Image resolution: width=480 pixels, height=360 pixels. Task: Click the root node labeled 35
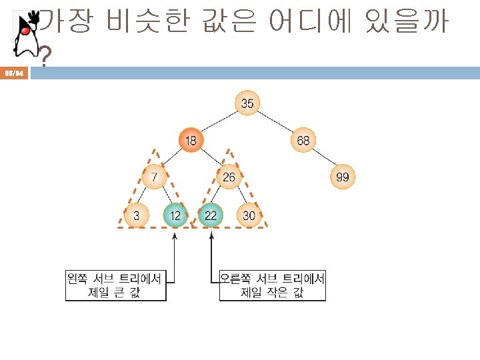pos(247,103)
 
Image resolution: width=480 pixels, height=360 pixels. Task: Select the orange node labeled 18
pos(191,140)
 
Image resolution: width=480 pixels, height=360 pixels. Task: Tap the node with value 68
pos(303,140)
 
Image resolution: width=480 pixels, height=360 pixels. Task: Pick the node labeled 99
pos(342,177)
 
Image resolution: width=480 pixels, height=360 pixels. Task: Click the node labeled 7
pos(154,177)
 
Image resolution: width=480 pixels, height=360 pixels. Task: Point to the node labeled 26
pos(229,177)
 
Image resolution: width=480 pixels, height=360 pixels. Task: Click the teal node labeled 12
pos(175,215)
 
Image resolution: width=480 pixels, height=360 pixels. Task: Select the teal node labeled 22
pos(211,215)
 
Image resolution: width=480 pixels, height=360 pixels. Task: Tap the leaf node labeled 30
pos(249,215)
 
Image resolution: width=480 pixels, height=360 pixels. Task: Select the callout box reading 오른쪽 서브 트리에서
pos(273,285)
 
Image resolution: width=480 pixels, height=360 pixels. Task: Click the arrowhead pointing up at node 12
pos(175,234)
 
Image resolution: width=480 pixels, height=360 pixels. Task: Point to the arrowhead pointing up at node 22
pos(211,234)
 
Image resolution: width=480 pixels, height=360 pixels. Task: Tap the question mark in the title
pos(45,59)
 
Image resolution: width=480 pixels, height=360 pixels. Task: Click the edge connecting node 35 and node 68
pos(275,121)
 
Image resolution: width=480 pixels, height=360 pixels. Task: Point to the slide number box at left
pos(15,73)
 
